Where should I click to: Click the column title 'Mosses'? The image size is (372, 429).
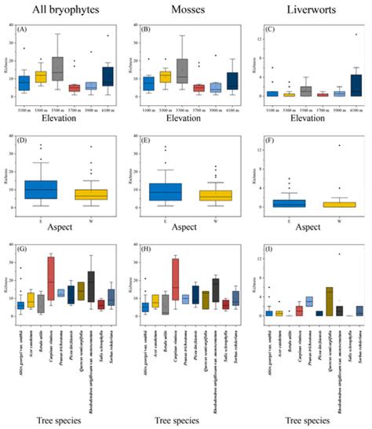pyautogui.click(x=184, y=10)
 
